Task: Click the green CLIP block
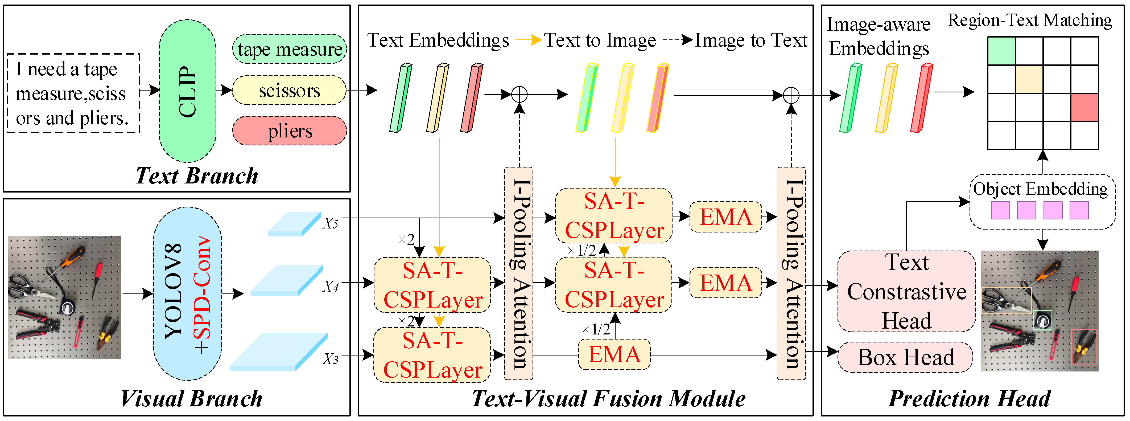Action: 187,91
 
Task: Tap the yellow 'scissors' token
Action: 290,91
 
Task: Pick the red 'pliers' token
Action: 290,131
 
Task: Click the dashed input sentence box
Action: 73,93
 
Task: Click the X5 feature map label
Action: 330,223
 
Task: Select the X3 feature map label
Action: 330,359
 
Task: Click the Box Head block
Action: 906,357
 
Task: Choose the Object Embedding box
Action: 1042,202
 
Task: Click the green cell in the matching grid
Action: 1001,51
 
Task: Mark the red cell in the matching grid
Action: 1085,107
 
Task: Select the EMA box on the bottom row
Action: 614,354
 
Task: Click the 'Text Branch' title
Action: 196,175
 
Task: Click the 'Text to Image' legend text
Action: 600,40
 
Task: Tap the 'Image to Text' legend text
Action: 751,40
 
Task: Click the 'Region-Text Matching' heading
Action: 1030,20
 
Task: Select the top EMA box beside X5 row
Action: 726,217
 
